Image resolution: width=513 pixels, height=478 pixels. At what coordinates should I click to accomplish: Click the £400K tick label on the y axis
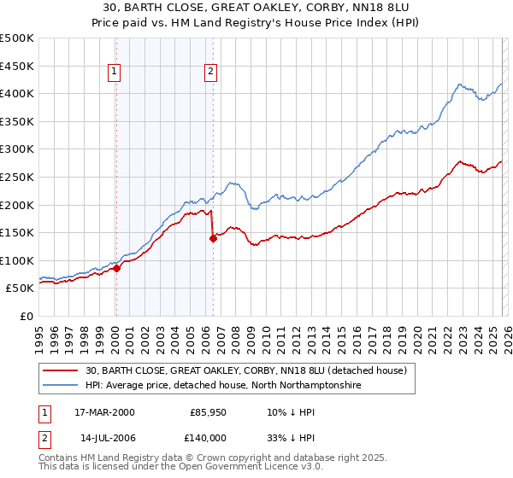(x=17, y=94)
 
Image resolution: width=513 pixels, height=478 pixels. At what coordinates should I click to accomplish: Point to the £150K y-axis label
(x=17, y=232)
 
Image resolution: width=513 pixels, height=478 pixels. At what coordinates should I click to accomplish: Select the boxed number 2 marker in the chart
(x=210, y=73)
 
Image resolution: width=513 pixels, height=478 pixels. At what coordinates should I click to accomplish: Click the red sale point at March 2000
(x=117, y=268)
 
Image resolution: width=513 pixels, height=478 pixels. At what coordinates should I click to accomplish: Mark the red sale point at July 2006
(x=213, y=238)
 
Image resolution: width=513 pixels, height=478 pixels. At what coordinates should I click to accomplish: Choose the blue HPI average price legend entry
(x=223, y=386)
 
